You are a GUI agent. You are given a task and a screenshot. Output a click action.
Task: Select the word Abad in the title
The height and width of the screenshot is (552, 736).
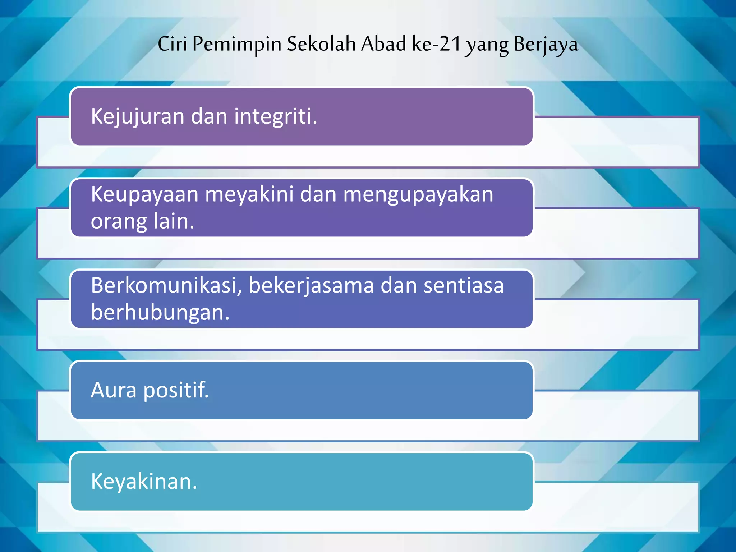tap(383, 44)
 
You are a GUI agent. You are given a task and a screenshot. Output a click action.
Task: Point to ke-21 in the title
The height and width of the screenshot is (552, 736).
tap(436, 44)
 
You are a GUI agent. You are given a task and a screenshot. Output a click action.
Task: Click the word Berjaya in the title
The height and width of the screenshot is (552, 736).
tap(546, 45)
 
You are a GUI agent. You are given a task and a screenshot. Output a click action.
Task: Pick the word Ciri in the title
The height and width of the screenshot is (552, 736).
tap(172, 44)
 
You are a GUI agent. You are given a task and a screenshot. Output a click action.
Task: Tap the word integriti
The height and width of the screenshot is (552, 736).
tap(276, 116)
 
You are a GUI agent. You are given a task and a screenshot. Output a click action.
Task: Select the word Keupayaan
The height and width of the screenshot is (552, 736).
tap(144, 194)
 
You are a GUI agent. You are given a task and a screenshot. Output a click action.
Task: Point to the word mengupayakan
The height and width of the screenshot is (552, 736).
tap(418, 194)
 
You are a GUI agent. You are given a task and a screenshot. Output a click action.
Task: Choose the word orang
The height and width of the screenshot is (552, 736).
tap(119, 221)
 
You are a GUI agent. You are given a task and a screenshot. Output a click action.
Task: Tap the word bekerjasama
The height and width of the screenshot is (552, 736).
tap(311, 285)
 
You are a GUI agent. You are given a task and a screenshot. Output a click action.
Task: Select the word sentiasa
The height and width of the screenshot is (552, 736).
tap(464, 285)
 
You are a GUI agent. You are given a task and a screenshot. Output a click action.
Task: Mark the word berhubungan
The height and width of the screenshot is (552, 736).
tap(160, 312)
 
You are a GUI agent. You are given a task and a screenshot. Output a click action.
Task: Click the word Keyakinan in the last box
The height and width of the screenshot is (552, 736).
tap(144, 481)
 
